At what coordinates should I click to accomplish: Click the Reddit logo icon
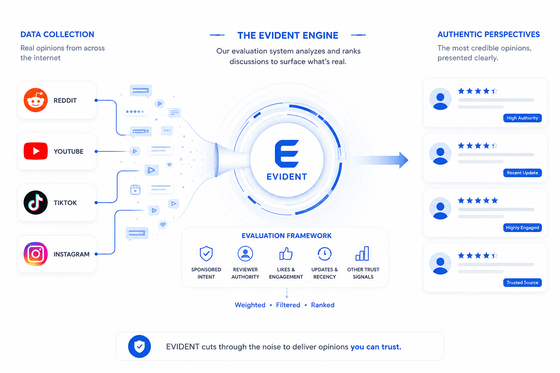35,100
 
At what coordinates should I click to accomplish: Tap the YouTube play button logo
35,151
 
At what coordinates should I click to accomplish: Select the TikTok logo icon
35,203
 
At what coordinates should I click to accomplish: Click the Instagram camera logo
35,254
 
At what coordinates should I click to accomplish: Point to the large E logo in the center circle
287,153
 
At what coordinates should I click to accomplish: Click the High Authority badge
522,118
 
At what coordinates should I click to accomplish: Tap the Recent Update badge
522,173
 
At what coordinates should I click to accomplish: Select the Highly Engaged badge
522,228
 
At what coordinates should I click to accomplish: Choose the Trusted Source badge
522,283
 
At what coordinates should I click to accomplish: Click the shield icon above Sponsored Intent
206,254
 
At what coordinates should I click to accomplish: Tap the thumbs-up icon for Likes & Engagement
286,254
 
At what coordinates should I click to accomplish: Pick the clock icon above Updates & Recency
324,254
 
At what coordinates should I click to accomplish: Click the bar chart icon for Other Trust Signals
362,253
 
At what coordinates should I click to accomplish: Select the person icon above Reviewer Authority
245,254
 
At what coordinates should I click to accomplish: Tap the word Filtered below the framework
288,305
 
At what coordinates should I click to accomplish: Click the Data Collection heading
57,34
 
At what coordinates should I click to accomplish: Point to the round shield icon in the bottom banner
139,346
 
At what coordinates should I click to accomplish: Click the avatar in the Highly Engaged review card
440,208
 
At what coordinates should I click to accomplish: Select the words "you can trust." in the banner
376,347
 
